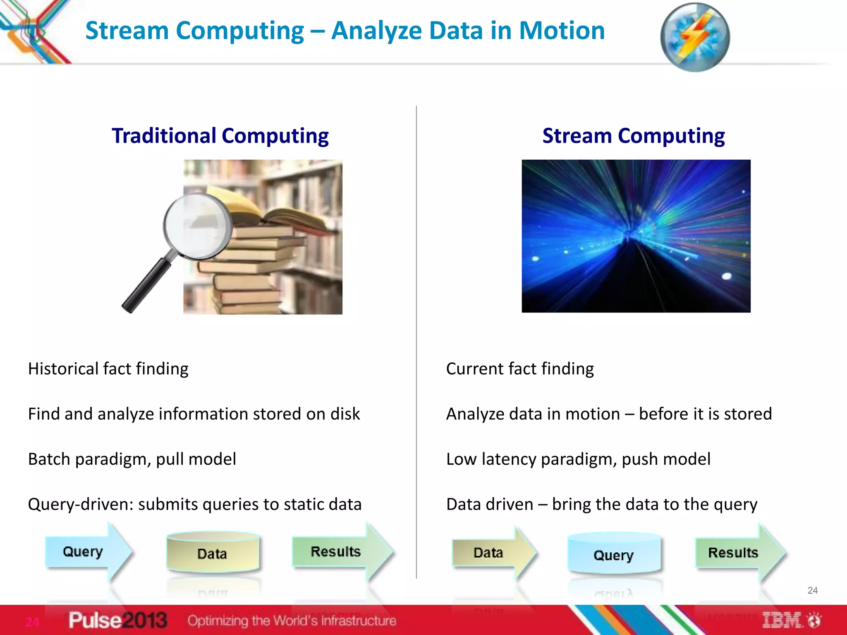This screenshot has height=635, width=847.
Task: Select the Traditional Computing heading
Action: pyautogui.click(x=220, y=136)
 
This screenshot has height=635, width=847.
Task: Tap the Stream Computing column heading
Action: pyautogui.click(x=633, y=136)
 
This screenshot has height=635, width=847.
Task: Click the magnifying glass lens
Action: pyautogui.click(x=198, y=226)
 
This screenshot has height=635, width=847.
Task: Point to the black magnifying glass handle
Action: pyautogui.click(x=147, y=285)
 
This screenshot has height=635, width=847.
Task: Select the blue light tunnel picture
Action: pyautogui.click(x=636, y=236)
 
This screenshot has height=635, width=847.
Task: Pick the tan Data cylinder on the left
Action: pyautogui.click(x=213, y=553)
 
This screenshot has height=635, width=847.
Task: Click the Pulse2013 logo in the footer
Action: pyautogui.click(x=118, y=620)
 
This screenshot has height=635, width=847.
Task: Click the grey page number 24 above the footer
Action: pyautogui.click(x=812, y=590)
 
